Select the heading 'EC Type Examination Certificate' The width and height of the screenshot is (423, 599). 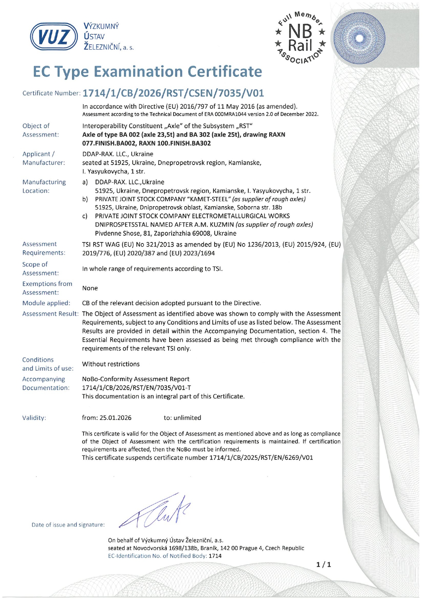147,72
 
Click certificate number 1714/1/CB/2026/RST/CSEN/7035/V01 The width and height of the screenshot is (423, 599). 173,93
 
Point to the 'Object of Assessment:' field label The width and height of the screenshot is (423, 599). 40,130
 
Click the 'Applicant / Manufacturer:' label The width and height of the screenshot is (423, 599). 43,158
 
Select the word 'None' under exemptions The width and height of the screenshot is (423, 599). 90,288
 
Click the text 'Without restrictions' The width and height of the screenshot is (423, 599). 111,364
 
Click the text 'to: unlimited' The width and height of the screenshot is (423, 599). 183,418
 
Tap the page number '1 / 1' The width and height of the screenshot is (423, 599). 324,565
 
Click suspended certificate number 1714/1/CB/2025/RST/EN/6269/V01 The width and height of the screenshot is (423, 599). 261,458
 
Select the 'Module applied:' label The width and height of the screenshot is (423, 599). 46,303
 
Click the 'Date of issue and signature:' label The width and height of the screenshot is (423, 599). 68,525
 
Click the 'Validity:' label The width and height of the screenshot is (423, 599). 34,418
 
